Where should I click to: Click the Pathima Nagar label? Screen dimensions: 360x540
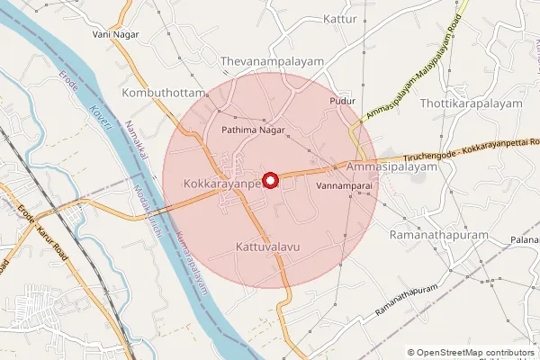point(254,130)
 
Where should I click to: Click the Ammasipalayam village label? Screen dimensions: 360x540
point(384,168)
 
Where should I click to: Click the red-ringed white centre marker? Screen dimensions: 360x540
point(269,180)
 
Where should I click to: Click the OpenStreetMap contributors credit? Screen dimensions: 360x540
point(475,352)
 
